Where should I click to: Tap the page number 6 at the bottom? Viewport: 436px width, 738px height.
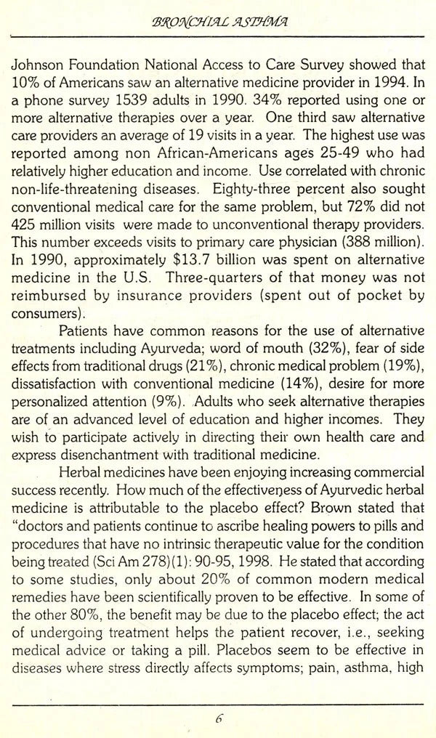click(x=218, y=720)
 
